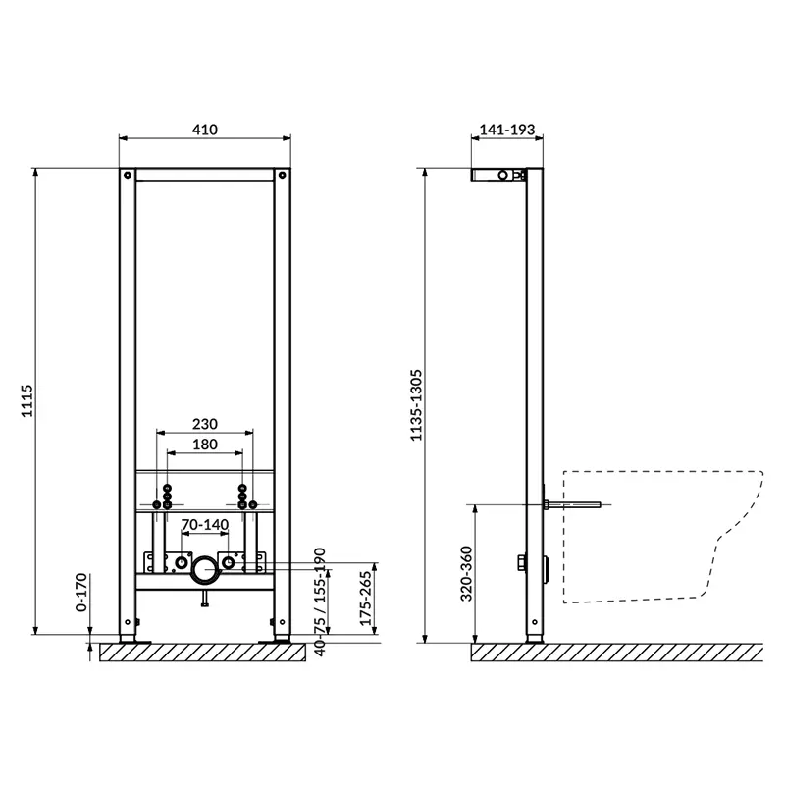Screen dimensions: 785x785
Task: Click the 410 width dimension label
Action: pyautogui.click(x=205, y=130)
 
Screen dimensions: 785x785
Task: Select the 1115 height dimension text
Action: pyautogui.click(x=26, y=400)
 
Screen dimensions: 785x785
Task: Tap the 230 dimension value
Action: pyautogui.click(x=205, y=424)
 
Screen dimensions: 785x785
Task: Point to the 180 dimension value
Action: pyautogui.click(x=205, y=445)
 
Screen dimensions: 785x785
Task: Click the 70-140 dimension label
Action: pyautogui.click(x=205, y=525)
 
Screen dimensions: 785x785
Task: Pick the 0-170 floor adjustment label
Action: pyautogui.click(x=81, y=593)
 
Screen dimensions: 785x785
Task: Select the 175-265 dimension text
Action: pyautogui.click(x=366, y=599)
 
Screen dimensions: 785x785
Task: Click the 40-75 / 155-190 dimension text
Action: pyautogui.click(x=320, y=602)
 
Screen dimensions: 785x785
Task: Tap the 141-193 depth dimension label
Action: pyautogui.click(x=507, y=130)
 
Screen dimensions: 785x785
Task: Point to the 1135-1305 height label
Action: pyautogui.click(x=416, y=405)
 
